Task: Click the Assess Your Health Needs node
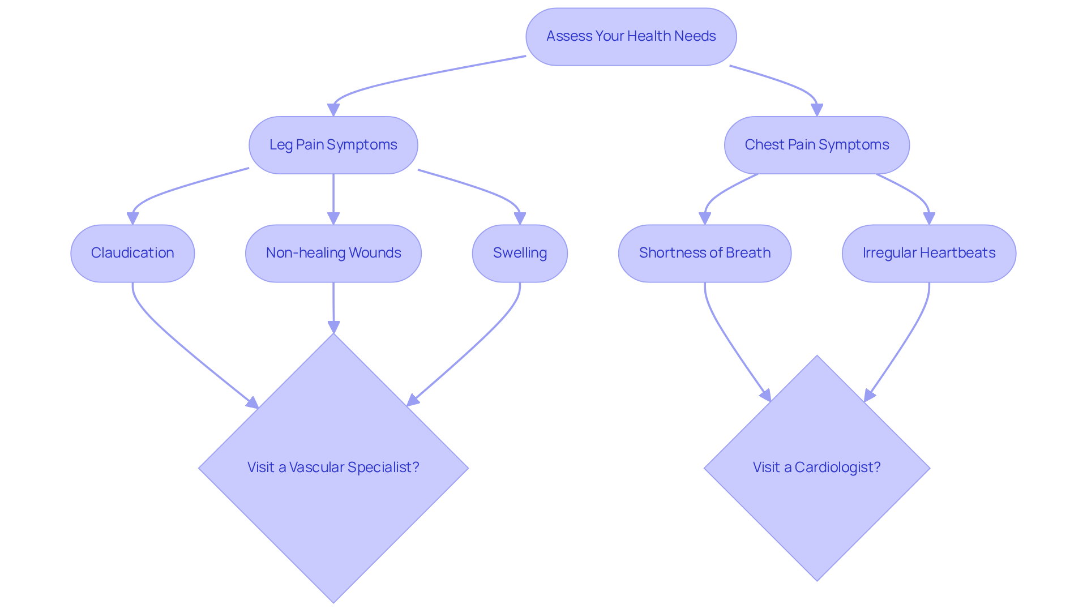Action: click(x=631, y=36)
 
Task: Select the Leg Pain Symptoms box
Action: click(x=333, y=145)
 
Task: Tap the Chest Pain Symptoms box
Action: click(x=816, y=145)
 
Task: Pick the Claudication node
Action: click(x=132, y=253)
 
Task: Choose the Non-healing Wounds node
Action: click(x=333, y=253)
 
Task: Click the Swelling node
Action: click(x=520, y=253)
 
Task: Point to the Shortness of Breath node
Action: click(x=704, y=253)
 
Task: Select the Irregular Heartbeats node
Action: click(x=928, y=253)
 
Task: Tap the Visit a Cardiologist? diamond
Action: click(x=816, y=492)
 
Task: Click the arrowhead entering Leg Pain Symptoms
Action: click(x=333, y=110)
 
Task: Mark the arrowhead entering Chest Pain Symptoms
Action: click(x=816, y=110)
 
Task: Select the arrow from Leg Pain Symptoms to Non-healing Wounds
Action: click(x=333, y=195)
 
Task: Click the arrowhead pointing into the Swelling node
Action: click(x=520, y=218)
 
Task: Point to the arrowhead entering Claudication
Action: click(x=132, y=218)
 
